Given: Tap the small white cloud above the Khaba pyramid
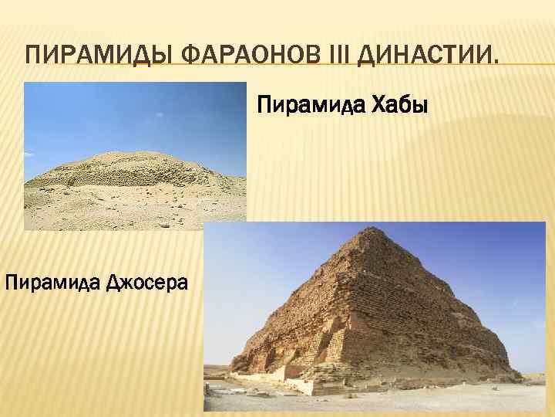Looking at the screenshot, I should coord(159,114).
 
